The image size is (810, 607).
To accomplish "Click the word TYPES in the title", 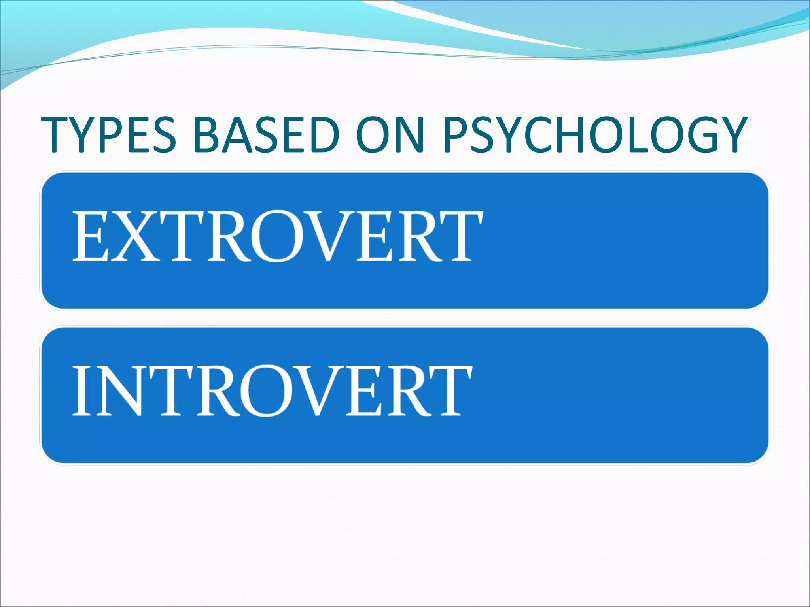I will coord(109,135).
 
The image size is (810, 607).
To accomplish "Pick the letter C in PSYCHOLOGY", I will coord(536,135).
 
